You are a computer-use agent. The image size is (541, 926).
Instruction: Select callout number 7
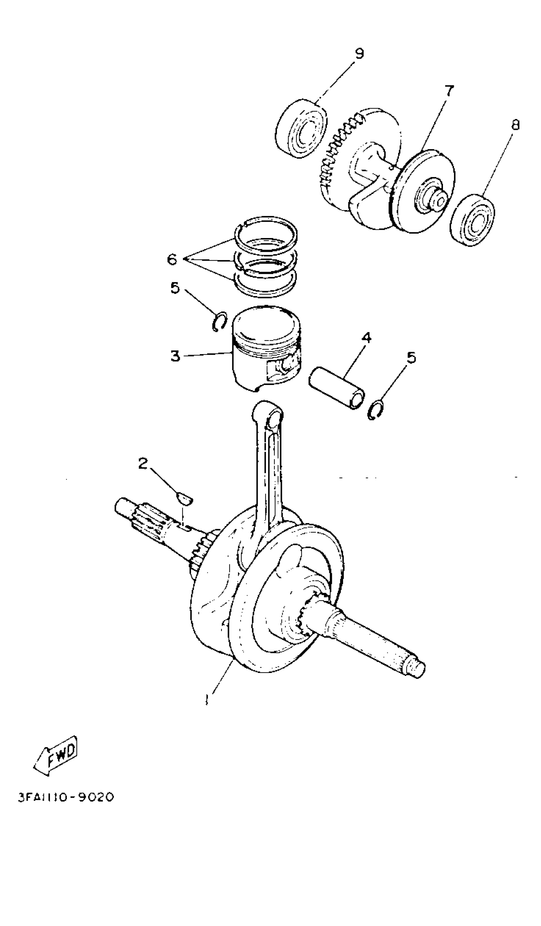pos(449,90)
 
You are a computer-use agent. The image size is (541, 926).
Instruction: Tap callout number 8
pos(515,125)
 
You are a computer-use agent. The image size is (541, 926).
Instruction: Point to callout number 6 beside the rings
pos(172,259)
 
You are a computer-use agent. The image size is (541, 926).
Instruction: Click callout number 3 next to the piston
pos(176,356)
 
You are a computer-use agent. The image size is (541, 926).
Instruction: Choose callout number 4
pos(366,337)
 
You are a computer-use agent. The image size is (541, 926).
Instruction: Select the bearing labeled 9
pos(301,129)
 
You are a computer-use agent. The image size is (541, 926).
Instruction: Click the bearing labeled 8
pos(473,220)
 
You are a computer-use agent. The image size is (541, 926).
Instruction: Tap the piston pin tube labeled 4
pos(337,387)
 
